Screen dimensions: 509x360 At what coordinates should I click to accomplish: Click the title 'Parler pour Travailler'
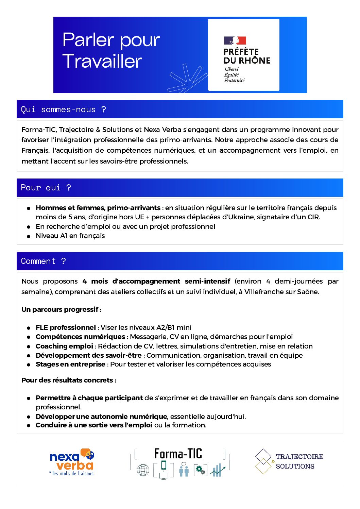(x=111, y=50)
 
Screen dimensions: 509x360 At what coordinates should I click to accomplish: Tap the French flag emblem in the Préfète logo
(x=235, y=41)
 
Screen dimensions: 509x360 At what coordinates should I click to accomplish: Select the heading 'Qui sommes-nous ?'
(x=64, y=109)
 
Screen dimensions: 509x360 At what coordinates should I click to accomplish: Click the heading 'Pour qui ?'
(x=46, y=188)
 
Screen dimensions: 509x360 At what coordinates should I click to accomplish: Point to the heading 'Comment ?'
(x=44, y=261)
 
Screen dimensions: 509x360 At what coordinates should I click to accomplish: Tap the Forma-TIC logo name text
(x=178, y=454)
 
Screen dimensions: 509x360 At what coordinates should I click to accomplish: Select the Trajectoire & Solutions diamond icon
(x=263, y=461)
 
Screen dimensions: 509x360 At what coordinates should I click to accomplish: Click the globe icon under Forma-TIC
(x=143, y=470)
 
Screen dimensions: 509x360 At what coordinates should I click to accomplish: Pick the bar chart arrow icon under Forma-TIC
(x=217, y=470)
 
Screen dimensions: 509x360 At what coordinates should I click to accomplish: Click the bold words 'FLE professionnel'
(x=66, y=327)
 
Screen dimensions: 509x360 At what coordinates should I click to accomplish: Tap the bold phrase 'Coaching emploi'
(x=64, y=346)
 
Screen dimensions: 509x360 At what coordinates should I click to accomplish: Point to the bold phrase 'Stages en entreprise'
(x=70, y=364)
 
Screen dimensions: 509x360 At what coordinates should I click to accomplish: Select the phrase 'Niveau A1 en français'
(x=70, y=236)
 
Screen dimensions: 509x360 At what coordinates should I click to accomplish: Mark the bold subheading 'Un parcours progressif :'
(x=61, y=309)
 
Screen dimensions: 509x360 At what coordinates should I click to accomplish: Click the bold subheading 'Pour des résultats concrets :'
(x=69, y=380)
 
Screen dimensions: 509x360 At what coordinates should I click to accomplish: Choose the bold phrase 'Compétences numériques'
(x=80, y=337)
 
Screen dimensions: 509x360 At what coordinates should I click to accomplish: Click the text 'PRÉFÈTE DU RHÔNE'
(x=247, y=56)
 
